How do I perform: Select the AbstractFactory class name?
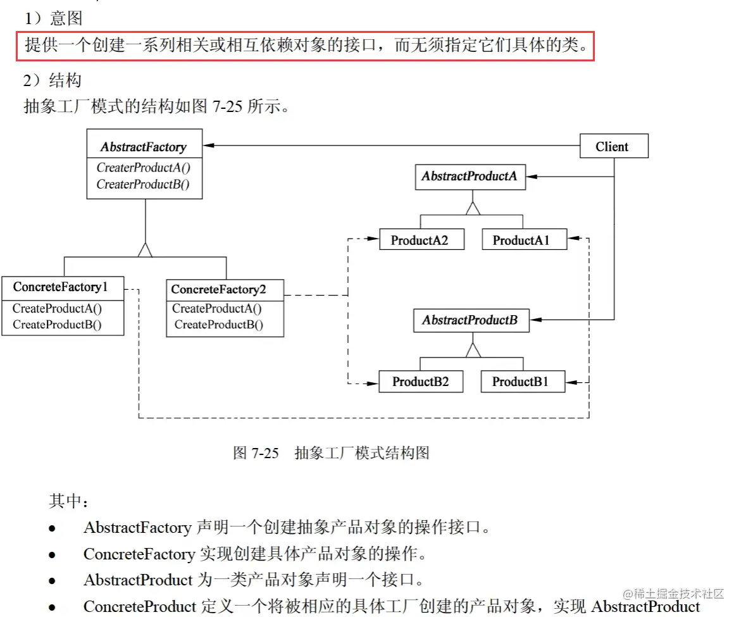click(x=144, y=147)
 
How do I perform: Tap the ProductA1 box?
click(x=524, y=240)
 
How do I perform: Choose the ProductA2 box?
click(x=421, y=240)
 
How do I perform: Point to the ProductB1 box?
click(x=523, y=382)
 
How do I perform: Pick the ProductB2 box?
click(x=421, y=382)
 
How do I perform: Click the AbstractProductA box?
click(x=470, y=177)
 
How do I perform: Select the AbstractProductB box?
click(x=470, y=320)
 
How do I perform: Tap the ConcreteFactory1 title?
click(x=61, y=287)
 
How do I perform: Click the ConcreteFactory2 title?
click(x=219, y=290)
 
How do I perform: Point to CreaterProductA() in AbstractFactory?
click(x=143, y=168)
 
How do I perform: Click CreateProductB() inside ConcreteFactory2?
click(x=219, y=325)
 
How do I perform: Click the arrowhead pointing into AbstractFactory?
click(x=208, y=146)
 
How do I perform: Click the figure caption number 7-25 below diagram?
click(x=265, y=453)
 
